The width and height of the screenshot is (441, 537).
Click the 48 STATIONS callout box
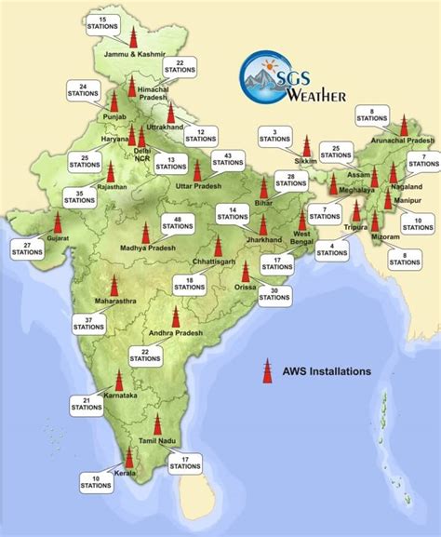[x=176, y=223]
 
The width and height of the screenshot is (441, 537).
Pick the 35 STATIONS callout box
[x=79, y=197]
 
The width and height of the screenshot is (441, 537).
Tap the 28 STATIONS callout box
[x=291, y=181]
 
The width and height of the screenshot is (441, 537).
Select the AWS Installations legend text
[x=327, y=370]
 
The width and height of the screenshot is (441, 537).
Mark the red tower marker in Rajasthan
[x=111, y=173]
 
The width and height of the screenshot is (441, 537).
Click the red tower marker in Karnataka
[x=118, y=382]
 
